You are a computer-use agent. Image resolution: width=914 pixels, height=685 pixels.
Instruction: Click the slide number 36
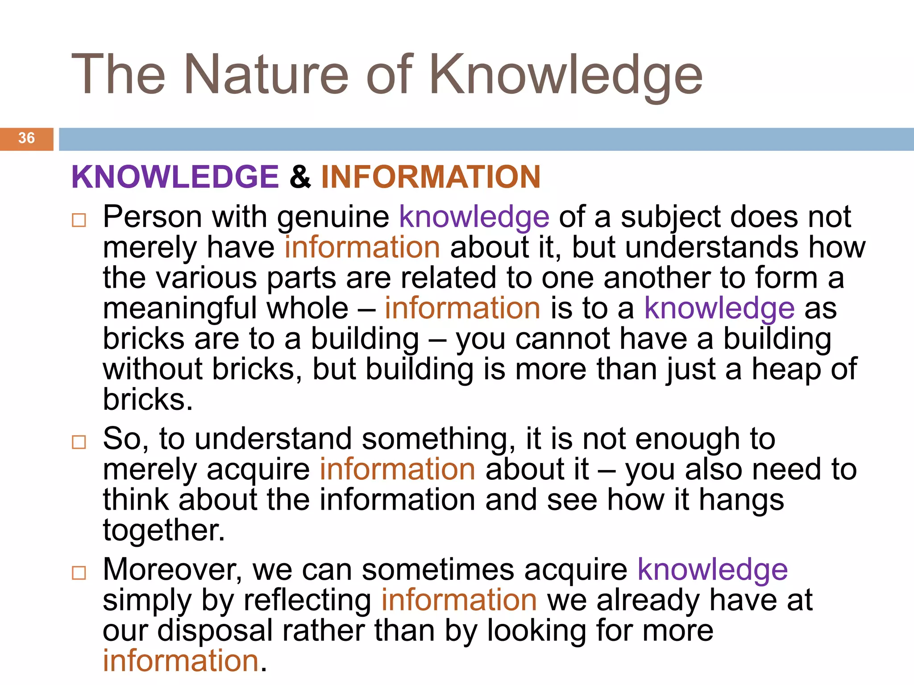click(x=27, y=138)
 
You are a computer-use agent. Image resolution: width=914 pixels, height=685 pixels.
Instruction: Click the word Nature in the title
click(x=266, y=74)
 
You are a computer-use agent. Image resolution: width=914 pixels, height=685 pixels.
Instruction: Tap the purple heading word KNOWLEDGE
click(x=175, y=177)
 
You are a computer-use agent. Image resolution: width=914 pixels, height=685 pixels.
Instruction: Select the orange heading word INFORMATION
click(x=431, y=177)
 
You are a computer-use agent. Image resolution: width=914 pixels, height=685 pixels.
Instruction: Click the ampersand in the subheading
click(x=300, y=177)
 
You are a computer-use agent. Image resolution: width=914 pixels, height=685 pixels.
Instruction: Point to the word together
click(x=163, y=531)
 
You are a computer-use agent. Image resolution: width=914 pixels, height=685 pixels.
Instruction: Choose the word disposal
click(x=215, y=631)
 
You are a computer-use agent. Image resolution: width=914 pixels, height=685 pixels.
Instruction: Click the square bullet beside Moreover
click(x=79, y=573)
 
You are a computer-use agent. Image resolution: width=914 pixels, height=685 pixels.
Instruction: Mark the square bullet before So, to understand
click(x=79, y=442)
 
